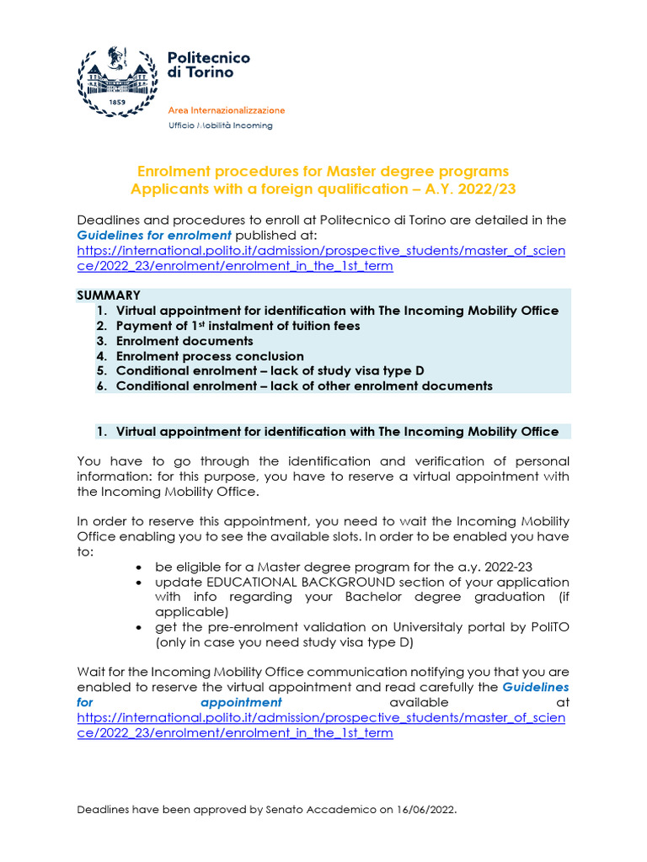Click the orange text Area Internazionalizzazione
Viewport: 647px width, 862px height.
point(227,110)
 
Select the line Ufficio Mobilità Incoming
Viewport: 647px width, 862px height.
point(221,125)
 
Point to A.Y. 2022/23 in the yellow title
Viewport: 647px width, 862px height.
point(473,189)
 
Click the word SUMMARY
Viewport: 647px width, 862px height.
point(109,295)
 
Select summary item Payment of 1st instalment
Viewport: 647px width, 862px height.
point(238,326)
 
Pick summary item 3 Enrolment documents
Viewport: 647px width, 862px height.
point(184,341)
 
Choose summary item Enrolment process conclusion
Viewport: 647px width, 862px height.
point(210,356)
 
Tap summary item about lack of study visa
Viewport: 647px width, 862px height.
point(270,371)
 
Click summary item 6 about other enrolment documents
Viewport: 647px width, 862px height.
point(304,386)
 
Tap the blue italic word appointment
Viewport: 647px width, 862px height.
point(241,702)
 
